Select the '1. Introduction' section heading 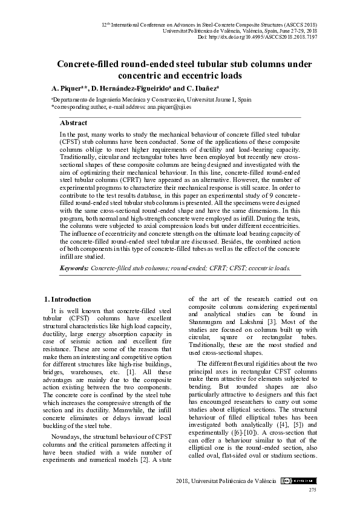point(69,299)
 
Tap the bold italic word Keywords point(73,267)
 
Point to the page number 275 point(313,490)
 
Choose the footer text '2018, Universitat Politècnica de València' point(226,480)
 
